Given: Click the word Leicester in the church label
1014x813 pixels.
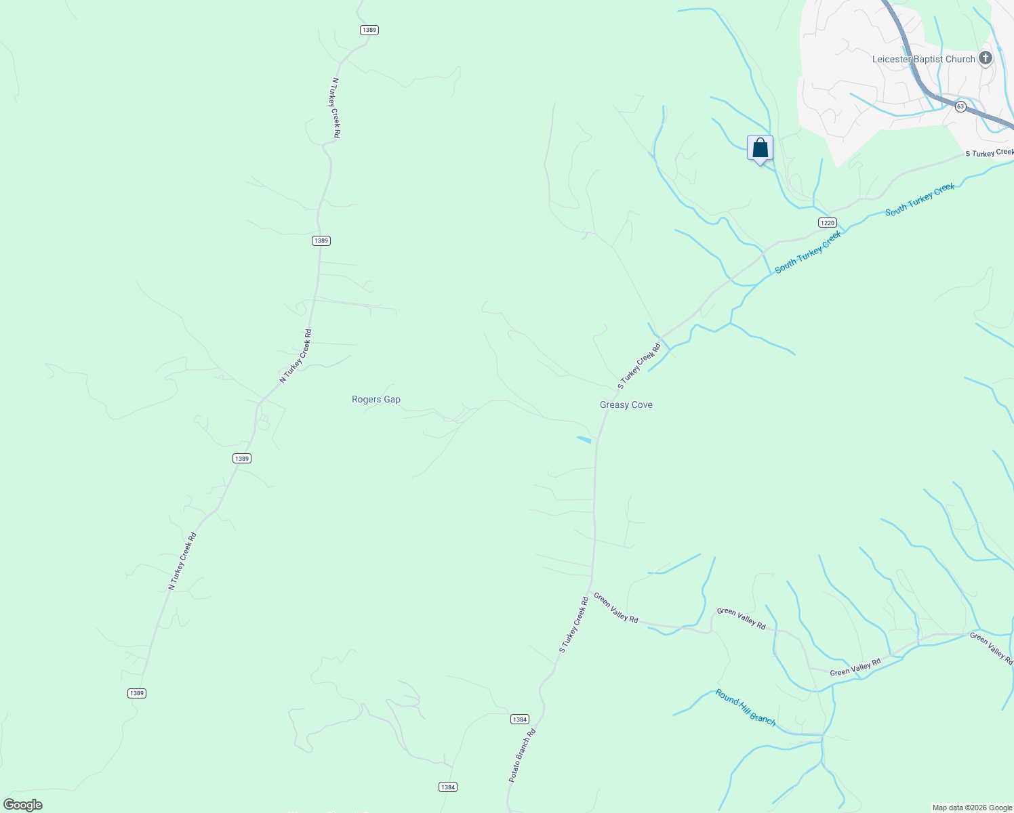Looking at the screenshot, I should pyautogui.click(x=891, y=60).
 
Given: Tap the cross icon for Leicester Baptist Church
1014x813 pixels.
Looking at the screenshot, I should pyautogui.click(x=986, y=58).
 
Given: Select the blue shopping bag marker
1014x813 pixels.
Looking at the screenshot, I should pyautogui.click(x=760, y=148).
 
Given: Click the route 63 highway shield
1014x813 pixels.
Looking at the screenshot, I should pyautogui.click(x=960, y=106).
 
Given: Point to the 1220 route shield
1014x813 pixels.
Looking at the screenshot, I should pyautogui.click(x=827, y=223).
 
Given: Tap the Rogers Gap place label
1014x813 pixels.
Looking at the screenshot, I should pyautogui.click(x=376, y=400).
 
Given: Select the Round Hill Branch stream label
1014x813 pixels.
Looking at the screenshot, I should pyautogui.click(x=746, y=707).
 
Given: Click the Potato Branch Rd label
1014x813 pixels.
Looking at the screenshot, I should pyautogui.click(x=523, y=756).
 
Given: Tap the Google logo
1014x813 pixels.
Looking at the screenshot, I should pyautogui.click(x=22, y=805).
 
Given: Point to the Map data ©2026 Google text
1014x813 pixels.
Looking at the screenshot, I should pyautogui.click(x=972, y=808).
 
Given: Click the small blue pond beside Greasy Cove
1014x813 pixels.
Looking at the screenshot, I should pyautogui.click(x=584, y=440).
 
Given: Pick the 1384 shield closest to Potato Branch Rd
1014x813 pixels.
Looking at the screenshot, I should pyautogui.click(x=519, y=720).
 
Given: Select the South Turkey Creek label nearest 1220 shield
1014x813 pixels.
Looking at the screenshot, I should pyautogui.click(x=808, y=251).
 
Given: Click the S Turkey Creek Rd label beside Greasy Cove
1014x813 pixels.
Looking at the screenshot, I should pyautogui.click(x=638, y=367).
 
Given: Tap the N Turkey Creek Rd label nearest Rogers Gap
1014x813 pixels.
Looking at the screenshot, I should pyautogui.click(x=296, y=356).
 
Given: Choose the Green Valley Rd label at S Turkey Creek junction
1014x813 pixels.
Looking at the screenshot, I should pyautogui.click(x=615, y=608).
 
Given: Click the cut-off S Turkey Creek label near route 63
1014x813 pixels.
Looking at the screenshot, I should pyautogui.click(x=989, y=153).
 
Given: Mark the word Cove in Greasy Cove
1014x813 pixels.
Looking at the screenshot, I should pyautogui.click(x=641, y=405).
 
